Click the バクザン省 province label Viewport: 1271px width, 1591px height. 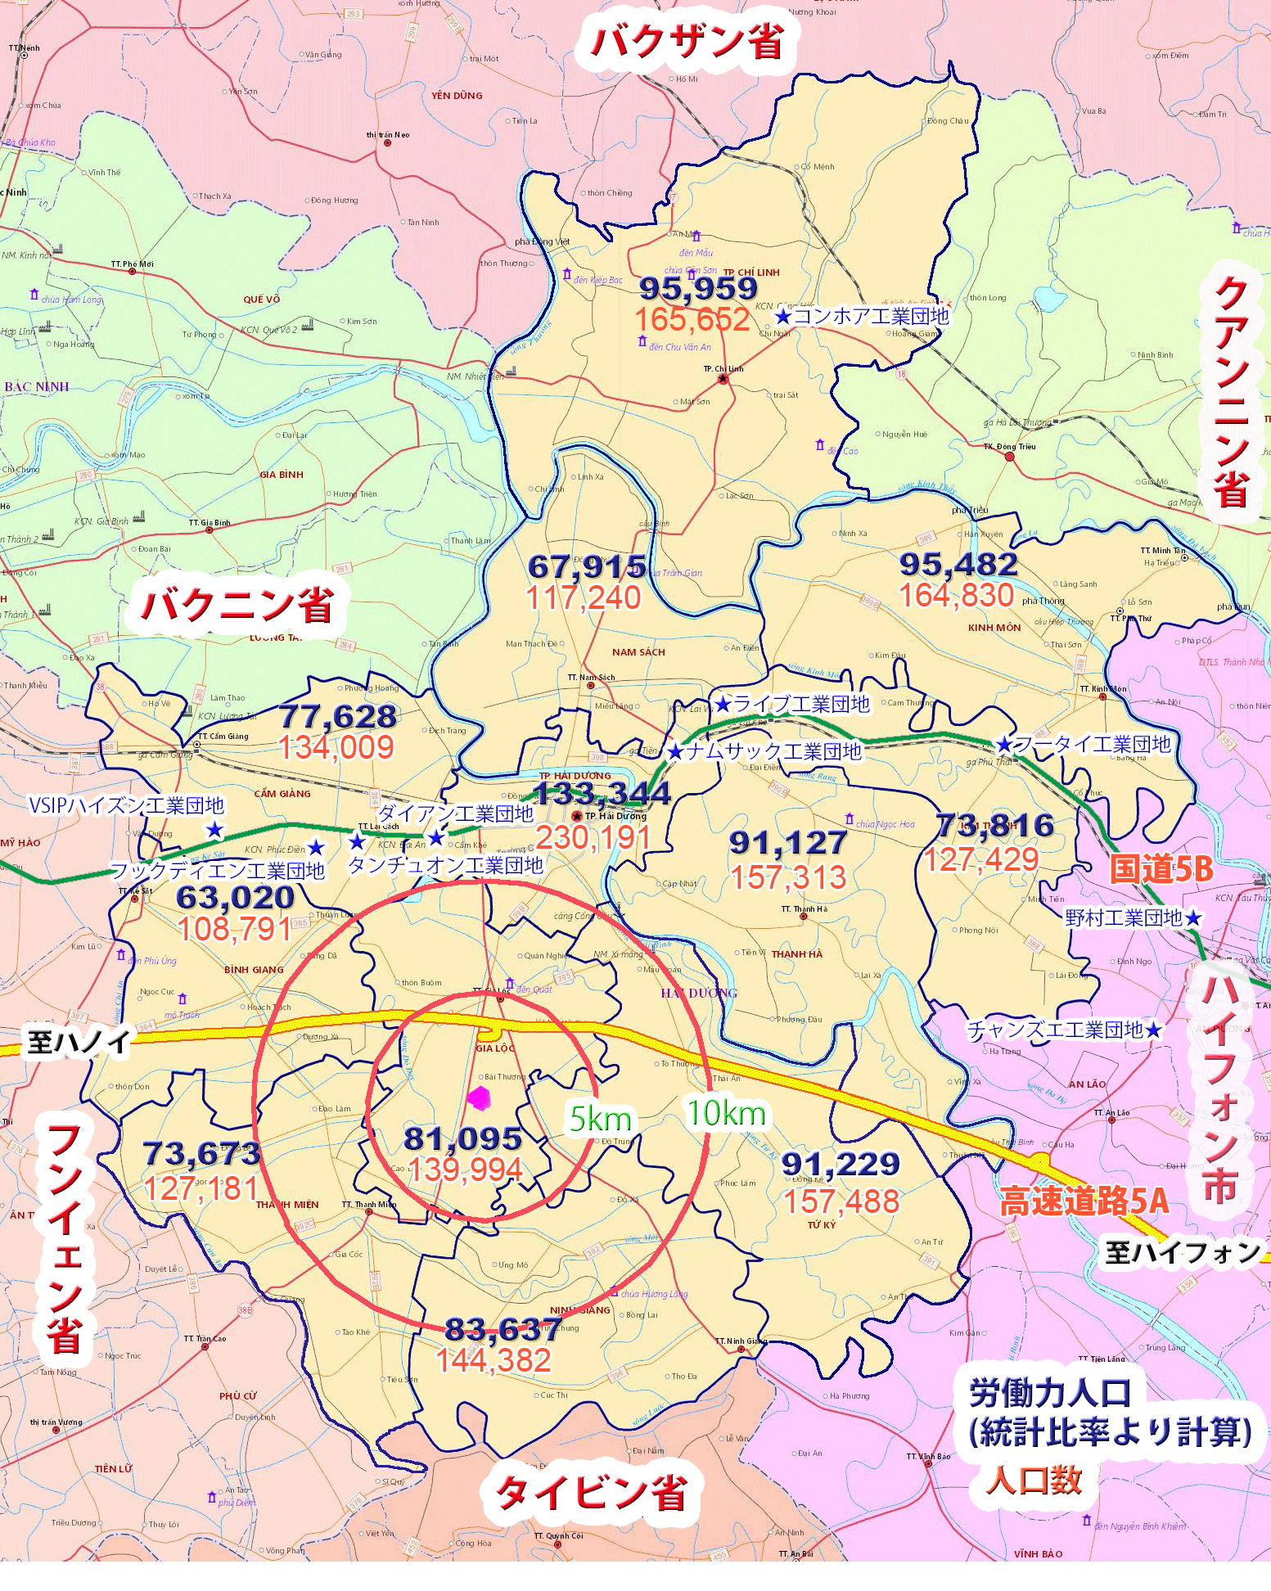pos(687,42)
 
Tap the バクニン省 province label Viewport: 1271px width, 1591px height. pos(237,606)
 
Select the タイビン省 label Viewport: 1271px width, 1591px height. pos(591,1492)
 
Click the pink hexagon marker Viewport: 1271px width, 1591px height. pos(479,1098)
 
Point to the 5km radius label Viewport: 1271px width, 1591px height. pos(601,1119)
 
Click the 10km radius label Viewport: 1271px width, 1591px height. pos(726,1113)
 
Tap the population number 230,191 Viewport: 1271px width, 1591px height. pos(593,837)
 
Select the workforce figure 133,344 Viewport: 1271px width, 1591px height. pos(602,793)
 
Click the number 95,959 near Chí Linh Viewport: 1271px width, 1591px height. pos(698,288)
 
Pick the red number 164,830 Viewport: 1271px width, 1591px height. pos(957,595)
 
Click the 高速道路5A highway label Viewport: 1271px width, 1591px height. pos(1084,1201)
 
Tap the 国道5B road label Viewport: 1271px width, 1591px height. pos(1161,869)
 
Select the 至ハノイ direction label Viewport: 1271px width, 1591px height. pos(79,1042)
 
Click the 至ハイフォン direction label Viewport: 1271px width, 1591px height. pos(1183,1251)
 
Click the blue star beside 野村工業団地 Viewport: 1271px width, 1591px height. pos(1193,918)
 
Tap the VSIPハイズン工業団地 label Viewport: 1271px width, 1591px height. pos(126,805)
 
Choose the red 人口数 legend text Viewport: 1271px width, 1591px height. pos(1034,1480)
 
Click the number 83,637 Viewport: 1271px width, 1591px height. pos(503,1329)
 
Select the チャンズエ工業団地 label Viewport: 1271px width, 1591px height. pos(1055,1030)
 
